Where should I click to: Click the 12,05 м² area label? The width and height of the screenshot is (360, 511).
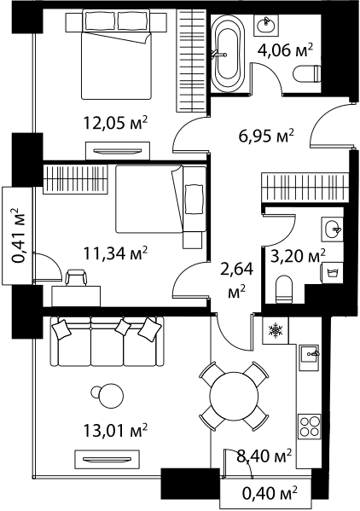(x=116, y=123)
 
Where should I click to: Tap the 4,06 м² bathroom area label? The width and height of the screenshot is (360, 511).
(x=285, y=50)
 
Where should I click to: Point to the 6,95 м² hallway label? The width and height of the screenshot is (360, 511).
(x=266, y=136)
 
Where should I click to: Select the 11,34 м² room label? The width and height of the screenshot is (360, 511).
(x=116, y=253)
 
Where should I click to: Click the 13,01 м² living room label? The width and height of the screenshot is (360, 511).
(x=116, y=431)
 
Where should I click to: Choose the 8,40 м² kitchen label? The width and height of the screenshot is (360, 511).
(x=264, y=456)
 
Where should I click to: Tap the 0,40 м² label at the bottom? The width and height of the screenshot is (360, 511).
(x=270, y=492)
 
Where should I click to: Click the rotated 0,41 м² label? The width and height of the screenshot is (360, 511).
(x=19, y=235)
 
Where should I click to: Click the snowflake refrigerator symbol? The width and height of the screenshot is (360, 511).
(x=276, y=330)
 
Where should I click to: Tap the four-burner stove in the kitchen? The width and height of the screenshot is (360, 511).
(x=309, y=427)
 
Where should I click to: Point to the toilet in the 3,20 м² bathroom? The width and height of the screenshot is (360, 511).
(x=283, y=288)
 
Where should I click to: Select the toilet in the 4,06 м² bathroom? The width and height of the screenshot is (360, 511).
(x=307, y=74)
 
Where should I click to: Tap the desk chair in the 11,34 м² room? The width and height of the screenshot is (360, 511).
(x=77, y=277)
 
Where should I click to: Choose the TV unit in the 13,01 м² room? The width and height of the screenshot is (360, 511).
(x=107, y=460)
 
